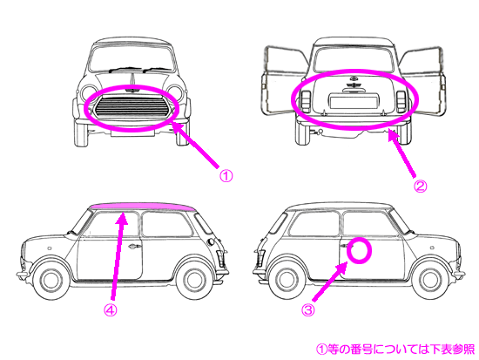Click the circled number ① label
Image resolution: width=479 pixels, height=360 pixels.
pos(226,176)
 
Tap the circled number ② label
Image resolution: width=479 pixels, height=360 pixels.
pos(420,187)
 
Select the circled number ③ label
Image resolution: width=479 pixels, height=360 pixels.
pos(308,310)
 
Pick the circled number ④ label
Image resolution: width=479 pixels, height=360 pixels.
pos(110,310)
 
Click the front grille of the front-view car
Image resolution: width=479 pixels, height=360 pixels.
pos(132,107)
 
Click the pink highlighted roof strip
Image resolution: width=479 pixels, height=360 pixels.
pos(144,207)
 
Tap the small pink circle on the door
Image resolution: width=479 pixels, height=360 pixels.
pos(360,251)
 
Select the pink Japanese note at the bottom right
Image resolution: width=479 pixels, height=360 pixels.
pos(395,349)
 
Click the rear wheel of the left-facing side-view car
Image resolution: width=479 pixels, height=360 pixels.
pos(194,281)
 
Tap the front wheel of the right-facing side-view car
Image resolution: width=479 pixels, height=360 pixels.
pos(431,280)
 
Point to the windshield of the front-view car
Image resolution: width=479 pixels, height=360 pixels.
pos(132,59)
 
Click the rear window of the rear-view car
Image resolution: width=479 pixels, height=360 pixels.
pos(353,60)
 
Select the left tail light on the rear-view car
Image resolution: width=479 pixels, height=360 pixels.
pos(306,101)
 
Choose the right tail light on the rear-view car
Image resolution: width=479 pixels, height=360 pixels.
pos(401,101)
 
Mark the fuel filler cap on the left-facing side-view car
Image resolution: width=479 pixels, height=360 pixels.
pos(211,242)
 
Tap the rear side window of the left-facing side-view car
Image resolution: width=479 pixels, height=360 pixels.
pos(165,224)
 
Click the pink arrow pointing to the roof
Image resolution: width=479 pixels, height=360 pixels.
pos(118,256)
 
